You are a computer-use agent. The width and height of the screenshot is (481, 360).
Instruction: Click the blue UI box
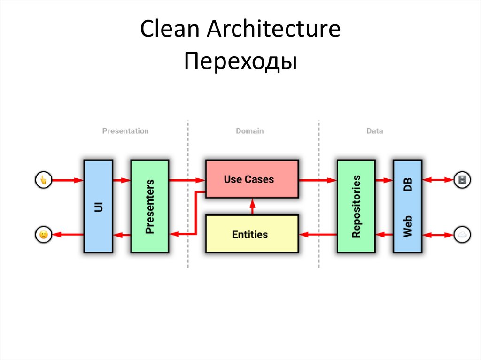pos(98,207)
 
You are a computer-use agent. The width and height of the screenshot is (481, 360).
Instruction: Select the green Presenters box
pos(149,207)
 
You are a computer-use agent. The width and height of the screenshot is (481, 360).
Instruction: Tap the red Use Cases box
pos(251,179)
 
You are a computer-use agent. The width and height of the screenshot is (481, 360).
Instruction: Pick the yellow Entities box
pos(251,234)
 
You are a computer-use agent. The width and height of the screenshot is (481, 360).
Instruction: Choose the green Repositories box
pos(356,207)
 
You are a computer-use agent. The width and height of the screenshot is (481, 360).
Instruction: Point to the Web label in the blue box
pos(407,226)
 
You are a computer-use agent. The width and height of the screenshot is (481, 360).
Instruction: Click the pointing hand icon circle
pos(43,180)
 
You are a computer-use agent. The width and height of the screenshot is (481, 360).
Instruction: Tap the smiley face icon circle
pos(43,234)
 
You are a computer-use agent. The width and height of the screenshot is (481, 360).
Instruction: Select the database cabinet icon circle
pos(461,180)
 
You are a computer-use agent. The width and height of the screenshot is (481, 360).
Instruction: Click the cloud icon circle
pos(461,234)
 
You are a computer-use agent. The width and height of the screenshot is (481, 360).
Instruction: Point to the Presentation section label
pos(125,131)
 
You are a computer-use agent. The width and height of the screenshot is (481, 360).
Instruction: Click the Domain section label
pos(249,131)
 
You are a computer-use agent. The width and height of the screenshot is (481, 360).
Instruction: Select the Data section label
pos(374,131)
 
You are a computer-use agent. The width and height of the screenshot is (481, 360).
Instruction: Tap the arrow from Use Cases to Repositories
pos(318,180)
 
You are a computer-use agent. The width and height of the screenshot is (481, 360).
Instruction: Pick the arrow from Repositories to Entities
pos(318,234)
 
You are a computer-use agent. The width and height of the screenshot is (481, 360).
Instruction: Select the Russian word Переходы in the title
pos(240,61)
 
